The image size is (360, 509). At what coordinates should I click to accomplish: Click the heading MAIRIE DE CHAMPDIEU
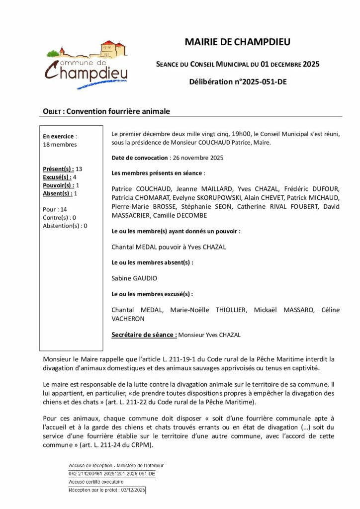(237, 42)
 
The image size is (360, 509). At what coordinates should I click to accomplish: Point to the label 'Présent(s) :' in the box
(59, 169)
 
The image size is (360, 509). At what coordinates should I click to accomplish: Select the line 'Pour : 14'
(55, 209)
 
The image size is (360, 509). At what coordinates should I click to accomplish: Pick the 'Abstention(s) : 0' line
(65, 225)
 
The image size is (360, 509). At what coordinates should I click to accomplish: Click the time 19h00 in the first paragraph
(242, 134)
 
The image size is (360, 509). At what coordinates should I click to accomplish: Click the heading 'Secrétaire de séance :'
(144, 335)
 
